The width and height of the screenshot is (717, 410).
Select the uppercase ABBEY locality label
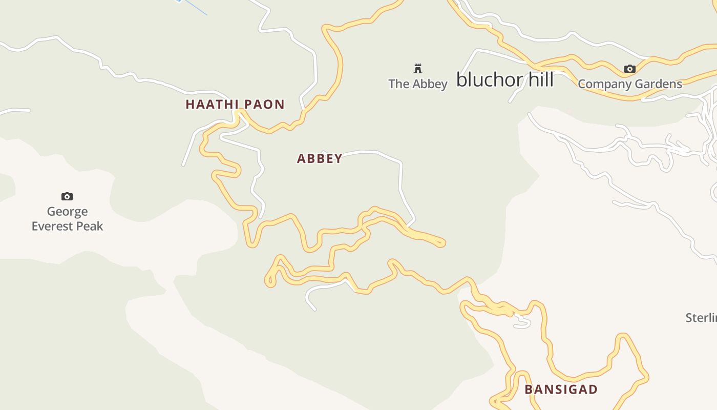[320, 159]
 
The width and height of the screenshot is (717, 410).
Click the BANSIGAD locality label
[561, 389]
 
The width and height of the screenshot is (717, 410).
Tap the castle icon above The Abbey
[418, 68]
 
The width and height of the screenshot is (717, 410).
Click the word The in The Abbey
[398, 84]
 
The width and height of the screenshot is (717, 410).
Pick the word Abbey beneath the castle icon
[428, 84]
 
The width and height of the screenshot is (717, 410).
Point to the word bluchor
[490, 80]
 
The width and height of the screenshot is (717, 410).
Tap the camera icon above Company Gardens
[629, 69]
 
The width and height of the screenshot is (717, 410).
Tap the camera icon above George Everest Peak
[67, 196]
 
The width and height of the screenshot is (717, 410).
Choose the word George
[67, 212]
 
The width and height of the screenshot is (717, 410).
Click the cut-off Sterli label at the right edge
[701, 318]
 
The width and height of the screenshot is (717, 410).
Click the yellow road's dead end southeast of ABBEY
[441, 243]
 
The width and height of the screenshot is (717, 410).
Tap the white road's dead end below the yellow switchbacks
[314, 309]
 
